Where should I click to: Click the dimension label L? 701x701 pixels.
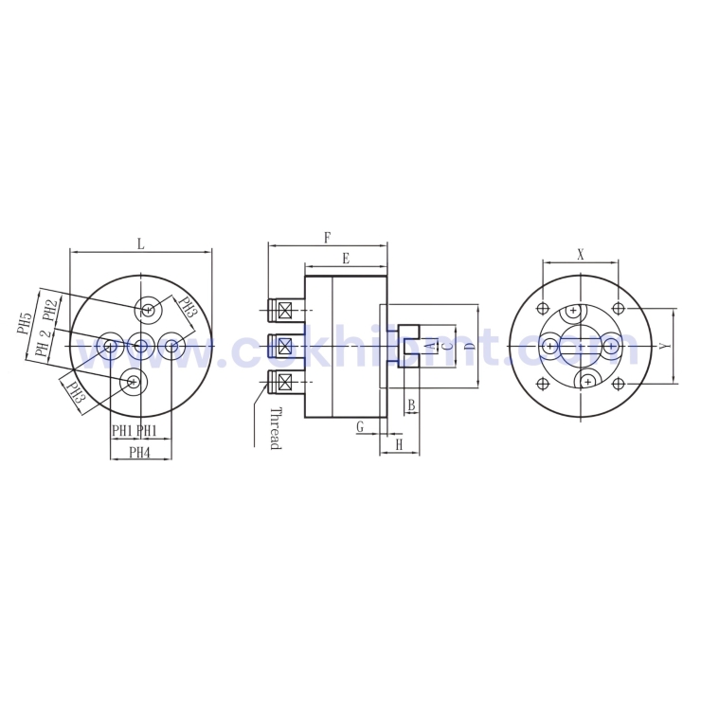pos(140,243)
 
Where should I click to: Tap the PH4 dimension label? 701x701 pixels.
pos(140,453)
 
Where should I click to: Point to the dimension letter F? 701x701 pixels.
pos(328,237)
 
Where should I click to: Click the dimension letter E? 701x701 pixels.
pos(346,258)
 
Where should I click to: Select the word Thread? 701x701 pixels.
pos(275,428)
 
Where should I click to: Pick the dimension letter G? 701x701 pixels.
pos(360,427)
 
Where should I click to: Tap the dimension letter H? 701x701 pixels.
pos(399,444)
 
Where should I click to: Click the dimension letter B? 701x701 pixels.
pos(410,405)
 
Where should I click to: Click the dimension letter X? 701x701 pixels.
pos(581,254)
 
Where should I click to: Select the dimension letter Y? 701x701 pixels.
pos(665,347)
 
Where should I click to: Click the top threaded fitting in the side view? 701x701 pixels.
pos(283,309)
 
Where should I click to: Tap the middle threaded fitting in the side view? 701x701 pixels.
pos(283,345)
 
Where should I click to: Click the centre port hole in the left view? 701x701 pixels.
pos(140,347)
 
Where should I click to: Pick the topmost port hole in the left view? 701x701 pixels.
pos(149,308)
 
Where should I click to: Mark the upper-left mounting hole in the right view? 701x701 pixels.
pos(543,309)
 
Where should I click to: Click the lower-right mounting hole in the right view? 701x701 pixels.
pos(619,384)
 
